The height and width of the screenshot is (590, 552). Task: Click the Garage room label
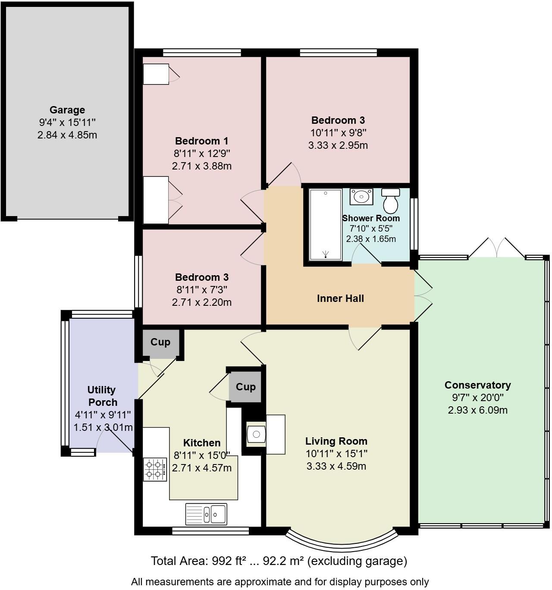pyautogui.click(x=67, y=110)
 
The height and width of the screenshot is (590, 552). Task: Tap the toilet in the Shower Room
pyautogui.click(x=391, y=201)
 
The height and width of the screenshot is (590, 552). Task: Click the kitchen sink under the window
pyautogui.click(x=207, y=514)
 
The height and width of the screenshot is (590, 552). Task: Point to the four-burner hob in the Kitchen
pyautogui.click(x=155, y=469)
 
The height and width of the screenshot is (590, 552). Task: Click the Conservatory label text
pyautogui.click(x=477, y=385)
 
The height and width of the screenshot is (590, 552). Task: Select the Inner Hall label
pyautogui.click(x=340, y=298)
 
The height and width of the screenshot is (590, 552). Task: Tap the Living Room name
pyautogui.click(x=336, y=441)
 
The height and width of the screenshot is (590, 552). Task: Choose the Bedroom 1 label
pyautogui.click(x=201, y=141)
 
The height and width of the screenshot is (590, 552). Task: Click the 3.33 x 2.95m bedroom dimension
pyautogui.click(x=338, y=145)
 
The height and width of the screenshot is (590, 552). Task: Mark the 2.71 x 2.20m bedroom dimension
pyautogui.click(x=201, y=302)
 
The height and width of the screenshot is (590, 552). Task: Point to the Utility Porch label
pyautogui.click(x=102, y=396)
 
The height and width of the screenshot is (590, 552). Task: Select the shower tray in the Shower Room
pyautogui.click(x=326, y=225)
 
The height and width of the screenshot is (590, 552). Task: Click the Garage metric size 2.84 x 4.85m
pyautogui.click(x=67, y=135)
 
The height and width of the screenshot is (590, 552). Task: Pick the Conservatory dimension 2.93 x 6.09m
pyautogui.click(x=477, y=410)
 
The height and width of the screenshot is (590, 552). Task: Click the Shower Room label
pyautogui.click(x=371, y=218)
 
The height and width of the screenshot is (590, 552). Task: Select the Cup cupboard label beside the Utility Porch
pyautogui.click(x=160, y=342)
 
